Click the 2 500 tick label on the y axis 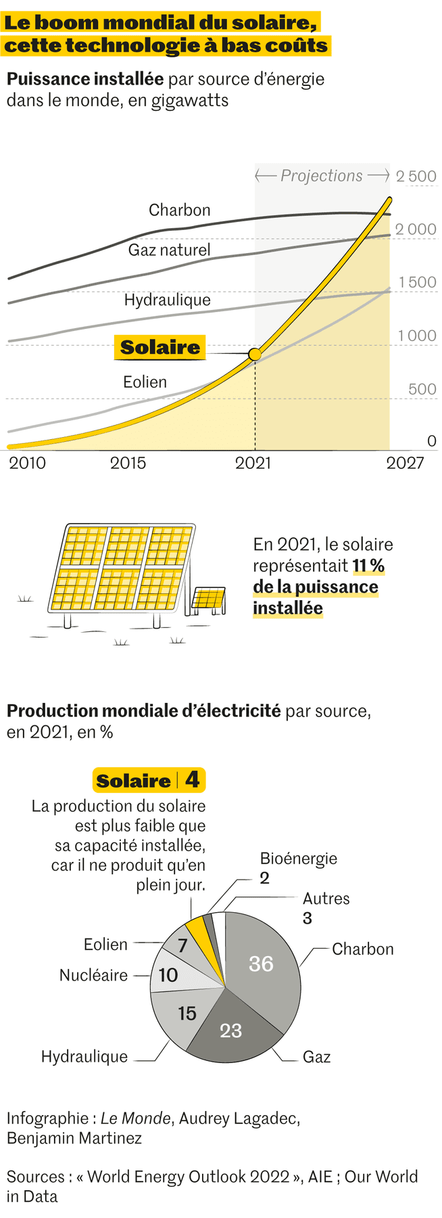416,177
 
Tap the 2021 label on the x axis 253,463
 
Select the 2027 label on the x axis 405,463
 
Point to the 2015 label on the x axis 128,463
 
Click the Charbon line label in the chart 179,210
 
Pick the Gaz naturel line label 169,250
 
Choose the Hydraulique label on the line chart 167,300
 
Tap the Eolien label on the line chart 145,382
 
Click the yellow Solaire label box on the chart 159,348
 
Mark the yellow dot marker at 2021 255,355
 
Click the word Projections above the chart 322,176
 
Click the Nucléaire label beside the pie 93,975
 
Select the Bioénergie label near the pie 298,859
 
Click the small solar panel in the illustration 208,599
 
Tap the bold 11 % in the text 368,566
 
